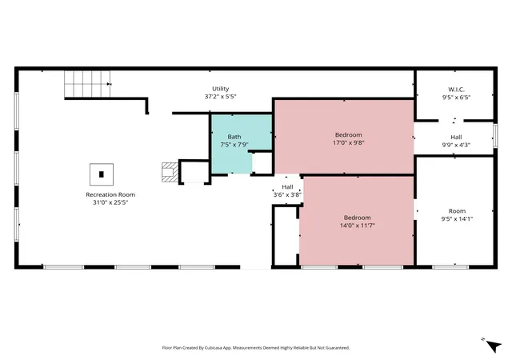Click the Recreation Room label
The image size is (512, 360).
click(110, 194)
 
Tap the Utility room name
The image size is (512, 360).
click(221, 89)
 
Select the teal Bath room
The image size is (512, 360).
click(242, 144)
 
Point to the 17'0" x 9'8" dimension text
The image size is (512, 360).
click(349, 142)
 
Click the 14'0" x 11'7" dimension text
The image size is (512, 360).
click(358, 226)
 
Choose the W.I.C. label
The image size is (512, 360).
click(456, 90)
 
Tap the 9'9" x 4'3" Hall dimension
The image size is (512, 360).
click(456, 145)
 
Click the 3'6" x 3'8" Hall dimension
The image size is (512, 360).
click(287, 195)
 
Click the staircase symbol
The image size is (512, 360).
click(87, 84)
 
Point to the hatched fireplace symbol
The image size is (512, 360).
click(170, 172)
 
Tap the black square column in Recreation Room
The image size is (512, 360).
click(102, 174)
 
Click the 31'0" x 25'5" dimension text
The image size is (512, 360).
click(110, 202)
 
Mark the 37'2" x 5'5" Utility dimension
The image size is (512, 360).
click(221, 97)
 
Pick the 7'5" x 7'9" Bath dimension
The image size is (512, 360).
click(234, 145)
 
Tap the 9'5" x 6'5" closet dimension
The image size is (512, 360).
click(456, 98)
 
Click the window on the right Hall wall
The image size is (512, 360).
click(495, 135)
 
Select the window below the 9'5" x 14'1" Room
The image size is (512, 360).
click(450, 267)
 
